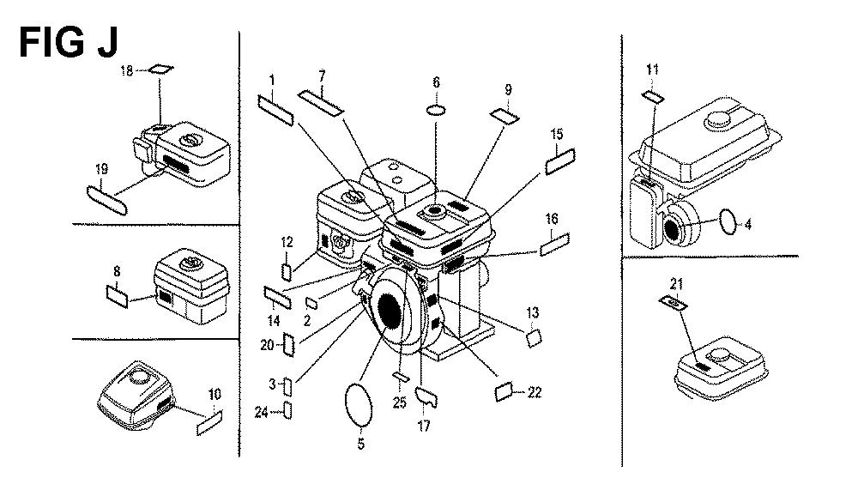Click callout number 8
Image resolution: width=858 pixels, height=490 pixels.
[116, 274]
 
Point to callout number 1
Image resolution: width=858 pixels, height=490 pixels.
[272, 81]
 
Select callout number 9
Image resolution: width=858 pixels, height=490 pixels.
[508, 88]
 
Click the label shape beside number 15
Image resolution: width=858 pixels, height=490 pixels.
[559, 159]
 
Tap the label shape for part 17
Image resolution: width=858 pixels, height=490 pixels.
[426, 397]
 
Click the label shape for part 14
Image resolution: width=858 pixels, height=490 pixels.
[277, 298]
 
